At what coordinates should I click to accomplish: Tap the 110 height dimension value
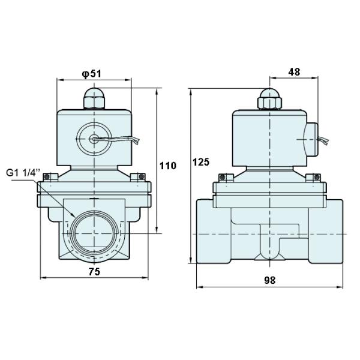[x=168, y=165]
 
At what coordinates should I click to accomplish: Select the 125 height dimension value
[x=201, y=162]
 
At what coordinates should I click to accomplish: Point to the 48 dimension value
[x=294, y=72]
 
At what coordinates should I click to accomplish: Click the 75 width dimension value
[x=93, y=271]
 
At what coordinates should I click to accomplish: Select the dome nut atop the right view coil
[x=269, y=99]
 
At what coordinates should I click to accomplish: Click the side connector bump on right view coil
[x=312, y=138]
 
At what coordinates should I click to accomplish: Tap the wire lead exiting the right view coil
[x=323, y=142]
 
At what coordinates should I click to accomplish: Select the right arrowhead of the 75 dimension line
[x=145, y=278]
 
